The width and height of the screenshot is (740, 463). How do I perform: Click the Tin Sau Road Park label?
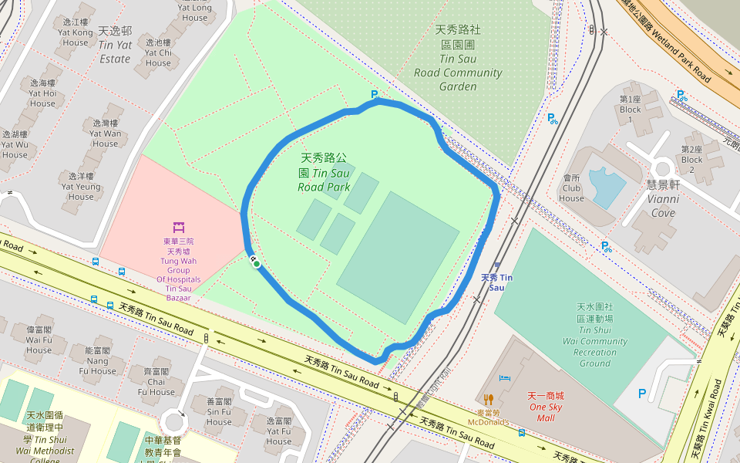click(324, 172)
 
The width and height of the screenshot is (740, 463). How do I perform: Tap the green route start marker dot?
click(257, 264)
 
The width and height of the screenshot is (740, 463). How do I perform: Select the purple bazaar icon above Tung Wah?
click(179, 227)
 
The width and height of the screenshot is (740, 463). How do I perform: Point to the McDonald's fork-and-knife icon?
click(488, 399)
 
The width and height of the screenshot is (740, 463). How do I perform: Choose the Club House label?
click(571, 188)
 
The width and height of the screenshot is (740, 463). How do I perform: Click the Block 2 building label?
click(691, 154)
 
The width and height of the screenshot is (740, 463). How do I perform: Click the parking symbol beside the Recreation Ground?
click(642, 394)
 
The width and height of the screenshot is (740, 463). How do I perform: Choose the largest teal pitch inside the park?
click(398, 257)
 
